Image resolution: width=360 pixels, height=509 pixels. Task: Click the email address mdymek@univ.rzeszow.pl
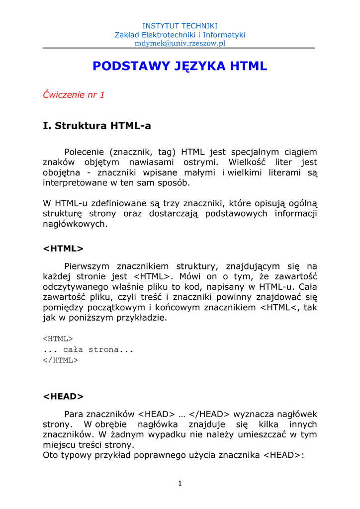tap(180, 43)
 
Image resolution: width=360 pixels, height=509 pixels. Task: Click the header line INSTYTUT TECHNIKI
tap(180, 26)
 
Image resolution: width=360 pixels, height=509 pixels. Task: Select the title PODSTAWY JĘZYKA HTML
tap(180, 66)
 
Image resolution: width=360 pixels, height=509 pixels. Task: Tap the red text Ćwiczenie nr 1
tap(74, 94)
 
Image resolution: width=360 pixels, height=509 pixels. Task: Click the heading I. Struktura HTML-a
tap(97, 126)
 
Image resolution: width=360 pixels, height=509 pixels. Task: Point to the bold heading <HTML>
tap(63, 249)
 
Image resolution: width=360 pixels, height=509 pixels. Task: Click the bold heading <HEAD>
tap(63, 396)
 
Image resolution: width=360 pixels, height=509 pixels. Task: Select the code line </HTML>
tap(61, 360)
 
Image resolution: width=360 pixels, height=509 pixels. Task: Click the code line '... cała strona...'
tap(89, 349)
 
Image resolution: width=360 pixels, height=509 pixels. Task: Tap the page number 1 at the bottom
tap(180, 484)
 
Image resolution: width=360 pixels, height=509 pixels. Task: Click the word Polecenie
tap(84, 152)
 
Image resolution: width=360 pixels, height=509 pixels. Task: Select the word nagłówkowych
tap(75, 224)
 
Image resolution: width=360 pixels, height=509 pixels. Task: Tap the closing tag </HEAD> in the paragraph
tap(210, 414)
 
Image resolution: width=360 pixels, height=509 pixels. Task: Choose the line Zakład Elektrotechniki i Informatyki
tap(180, 35)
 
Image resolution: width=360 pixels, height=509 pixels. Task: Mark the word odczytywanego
tap(75, 286)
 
